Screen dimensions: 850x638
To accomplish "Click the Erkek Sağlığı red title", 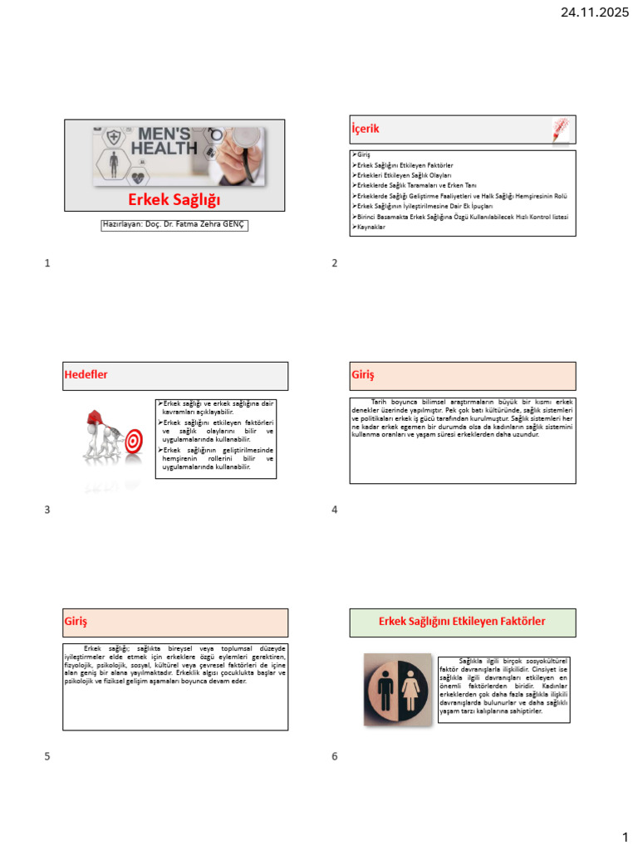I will (x=174, y=199).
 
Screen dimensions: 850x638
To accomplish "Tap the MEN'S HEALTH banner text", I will (x=168, y=142).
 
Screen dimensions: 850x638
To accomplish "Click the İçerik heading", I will (x=366, y=129).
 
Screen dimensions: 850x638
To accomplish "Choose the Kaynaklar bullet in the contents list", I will (x=372, y=227).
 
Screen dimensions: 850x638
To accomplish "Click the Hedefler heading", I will (x=86, y=374).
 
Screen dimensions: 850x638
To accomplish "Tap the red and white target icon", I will (x=134, y=443).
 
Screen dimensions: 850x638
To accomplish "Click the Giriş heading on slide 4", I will (x=363, y=375).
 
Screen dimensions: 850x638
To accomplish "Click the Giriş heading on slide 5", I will (x=76, y=621).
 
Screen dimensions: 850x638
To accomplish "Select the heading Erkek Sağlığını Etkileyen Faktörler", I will (x=462, y=621).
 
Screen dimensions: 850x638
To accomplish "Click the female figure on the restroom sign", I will (x=412, y=690).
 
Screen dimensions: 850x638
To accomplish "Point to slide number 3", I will (x=47, y=510).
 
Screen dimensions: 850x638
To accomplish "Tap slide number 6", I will (x=335, y=756).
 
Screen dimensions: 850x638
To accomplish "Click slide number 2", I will (x=335, y=263).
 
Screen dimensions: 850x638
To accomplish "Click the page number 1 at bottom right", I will (x=626, y=836).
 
